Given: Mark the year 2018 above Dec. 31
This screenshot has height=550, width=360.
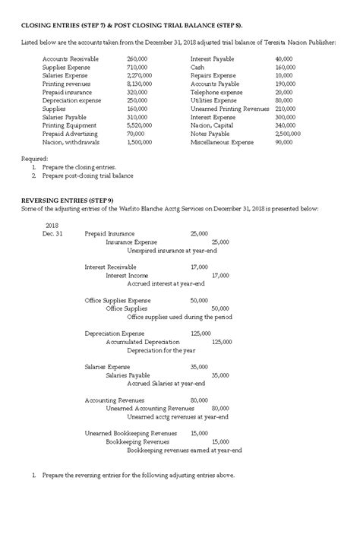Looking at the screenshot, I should [x=53, y=226].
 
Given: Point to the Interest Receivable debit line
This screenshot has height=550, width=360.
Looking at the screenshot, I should [x=110, y=267].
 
